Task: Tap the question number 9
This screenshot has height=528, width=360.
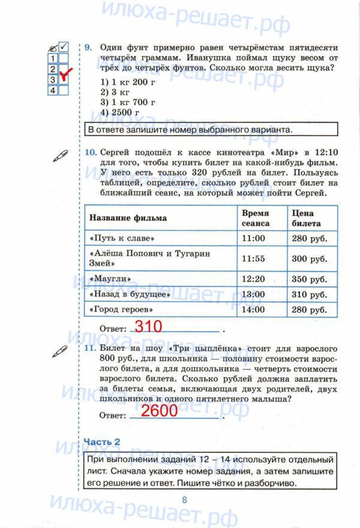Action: [88, 47]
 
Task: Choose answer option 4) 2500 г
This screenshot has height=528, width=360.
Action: [120, 113]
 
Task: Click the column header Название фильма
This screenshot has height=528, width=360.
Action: [128, 218]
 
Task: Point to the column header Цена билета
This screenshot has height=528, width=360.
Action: [306, 218]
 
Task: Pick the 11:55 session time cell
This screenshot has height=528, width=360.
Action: [253, 259]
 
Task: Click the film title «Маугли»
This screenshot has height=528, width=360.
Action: [111, 279]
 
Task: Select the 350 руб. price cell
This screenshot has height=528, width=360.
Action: [310, 280]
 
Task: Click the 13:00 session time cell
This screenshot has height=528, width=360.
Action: [253, 295]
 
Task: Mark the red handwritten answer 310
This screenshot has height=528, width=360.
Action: [148, 327]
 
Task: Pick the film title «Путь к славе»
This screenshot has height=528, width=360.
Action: [122, 238]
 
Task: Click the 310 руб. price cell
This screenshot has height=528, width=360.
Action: [310, 295]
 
